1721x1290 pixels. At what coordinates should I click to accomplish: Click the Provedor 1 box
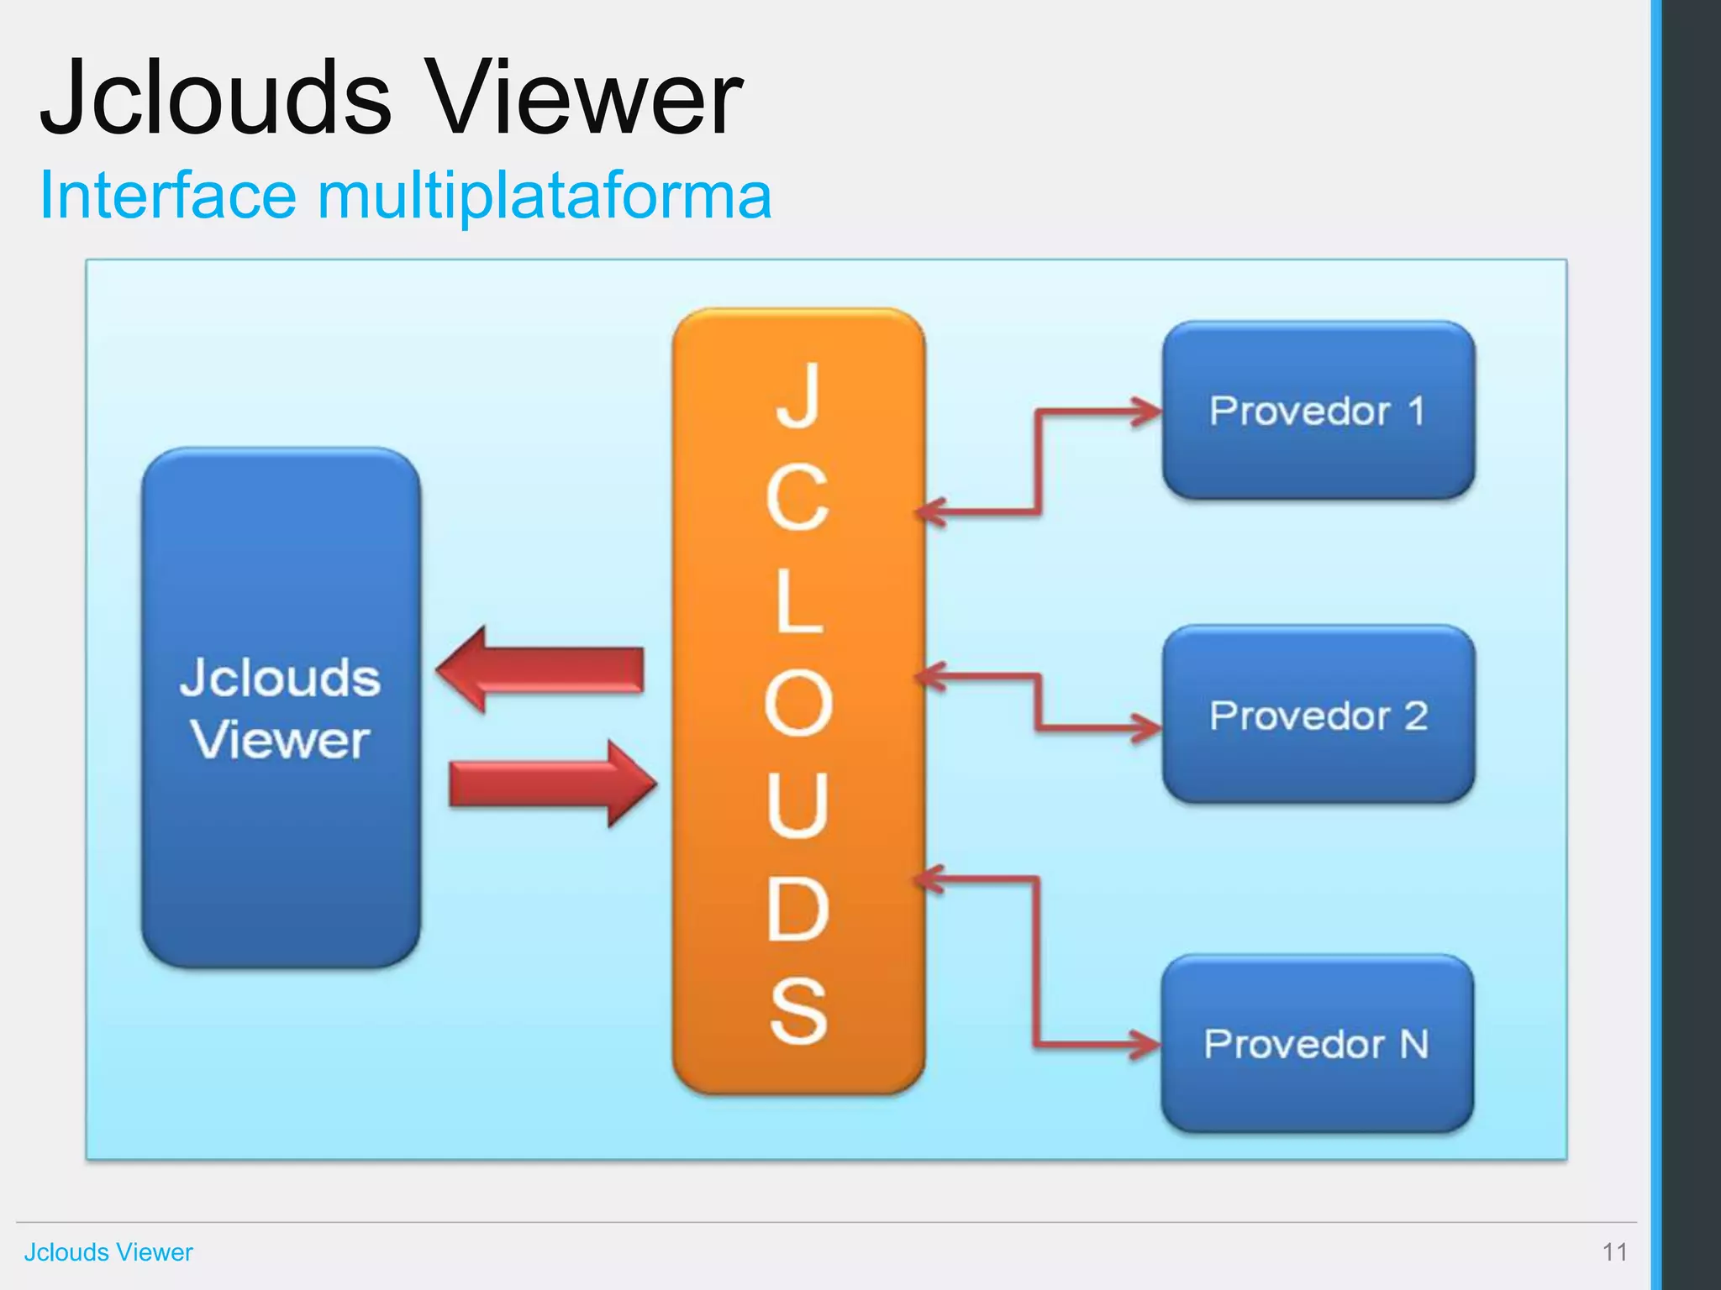click(1318, 411)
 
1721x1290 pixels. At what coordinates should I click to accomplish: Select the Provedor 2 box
click(1318, 715)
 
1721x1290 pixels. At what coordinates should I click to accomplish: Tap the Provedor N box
click(1317, 1044)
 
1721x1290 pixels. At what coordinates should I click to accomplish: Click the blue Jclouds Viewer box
click(281, 707)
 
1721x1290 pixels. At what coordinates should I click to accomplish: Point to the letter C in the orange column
click(797, 498)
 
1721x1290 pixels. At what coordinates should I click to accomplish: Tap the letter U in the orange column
click(797, 805)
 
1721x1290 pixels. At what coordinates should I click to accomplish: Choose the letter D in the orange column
click(797, 909)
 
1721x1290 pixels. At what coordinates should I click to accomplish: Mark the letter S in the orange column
click(797, 1011)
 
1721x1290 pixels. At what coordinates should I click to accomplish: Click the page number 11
click(1614, 1252)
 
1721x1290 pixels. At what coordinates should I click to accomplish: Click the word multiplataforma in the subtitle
click(544, 196)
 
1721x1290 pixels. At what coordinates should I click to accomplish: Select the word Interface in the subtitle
click(168, 196)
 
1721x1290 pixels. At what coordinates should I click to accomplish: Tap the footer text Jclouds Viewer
click(108, 1252)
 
